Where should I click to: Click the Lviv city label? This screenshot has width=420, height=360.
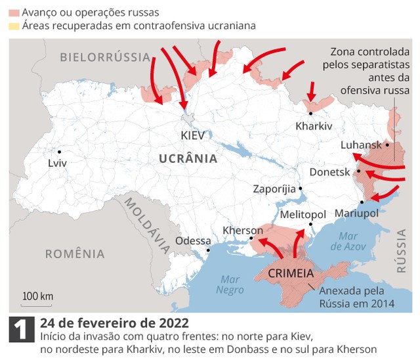coord(57,162)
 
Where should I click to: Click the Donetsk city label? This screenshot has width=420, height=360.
coord(329,172)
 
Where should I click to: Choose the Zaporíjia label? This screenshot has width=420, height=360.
coord(274,189)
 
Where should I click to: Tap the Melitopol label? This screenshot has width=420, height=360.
coord(303,215)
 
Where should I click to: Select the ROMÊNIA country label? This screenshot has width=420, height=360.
coord(75,254)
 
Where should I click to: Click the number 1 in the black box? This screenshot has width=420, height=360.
coord(20,330)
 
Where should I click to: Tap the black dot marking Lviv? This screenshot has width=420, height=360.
coord(58,150)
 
